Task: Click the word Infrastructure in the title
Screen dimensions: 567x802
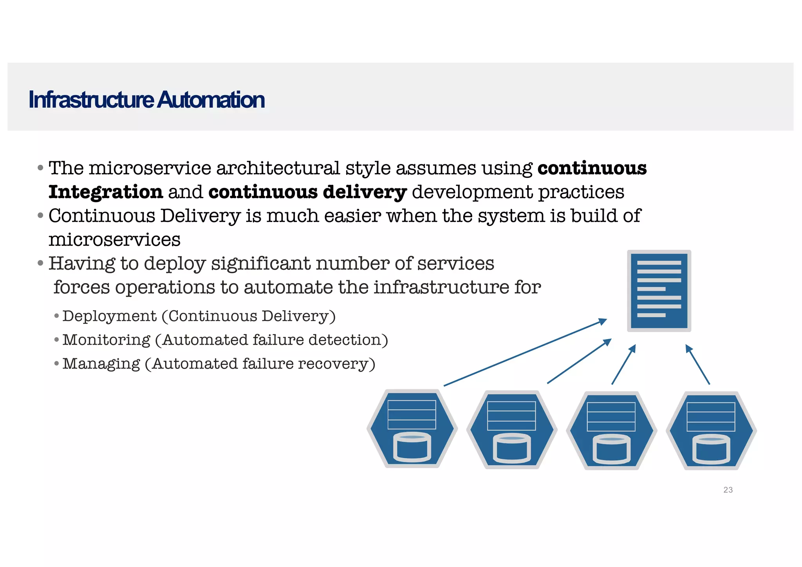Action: tap(91, 100)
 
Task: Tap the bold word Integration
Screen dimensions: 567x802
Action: tap(106, 192)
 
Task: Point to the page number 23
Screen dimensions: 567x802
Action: tap(728, 490)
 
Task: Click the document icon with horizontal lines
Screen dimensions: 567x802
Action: tap(659, 291)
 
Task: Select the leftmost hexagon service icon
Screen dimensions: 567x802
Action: tap(412, 429)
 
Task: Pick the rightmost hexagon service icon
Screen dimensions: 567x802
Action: tap(711, 430)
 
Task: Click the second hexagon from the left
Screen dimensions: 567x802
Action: tap(511, 430)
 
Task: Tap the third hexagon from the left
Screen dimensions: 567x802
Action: tap(611, 430)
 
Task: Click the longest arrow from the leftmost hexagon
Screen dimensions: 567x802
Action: tap(525, 353)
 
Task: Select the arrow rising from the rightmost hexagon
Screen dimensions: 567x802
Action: tap(697, 364)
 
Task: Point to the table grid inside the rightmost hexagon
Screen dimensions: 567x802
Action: tap(711, 417)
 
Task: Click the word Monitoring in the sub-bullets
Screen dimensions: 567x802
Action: tap(107, 340)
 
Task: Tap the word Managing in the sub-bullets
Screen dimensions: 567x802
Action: tap(101, 364)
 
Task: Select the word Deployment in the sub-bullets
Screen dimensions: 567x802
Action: tap(110, 316)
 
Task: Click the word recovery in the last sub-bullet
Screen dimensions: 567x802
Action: tap(333, 364)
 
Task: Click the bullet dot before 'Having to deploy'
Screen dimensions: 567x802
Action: tap(40, 263)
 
